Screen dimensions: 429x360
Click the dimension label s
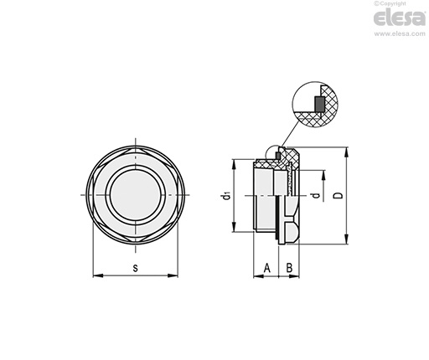[x=136, y=268]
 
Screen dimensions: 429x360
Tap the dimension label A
[x=267, y=268]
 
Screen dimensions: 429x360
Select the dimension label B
[x=290, y=268]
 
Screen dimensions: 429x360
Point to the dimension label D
[x=339, y=195]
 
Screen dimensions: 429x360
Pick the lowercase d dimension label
[x=316, y=195]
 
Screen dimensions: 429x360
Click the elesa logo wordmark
[x=400, y=18]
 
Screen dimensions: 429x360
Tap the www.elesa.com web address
[x=400, y=33]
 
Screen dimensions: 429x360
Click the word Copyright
[x=393, y=3]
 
